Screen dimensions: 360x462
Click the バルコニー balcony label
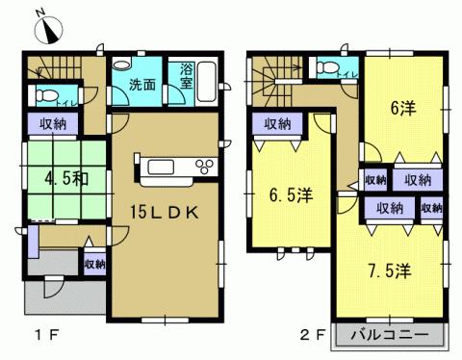click(x=391, y=338)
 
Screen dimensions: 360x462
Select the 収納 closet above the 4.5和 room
click(x=53, y=123)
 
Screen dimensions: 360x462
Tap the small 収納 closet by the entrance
click(x=94, y=264)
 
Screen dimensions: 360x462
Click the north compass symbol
click(x=47, y=30)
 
